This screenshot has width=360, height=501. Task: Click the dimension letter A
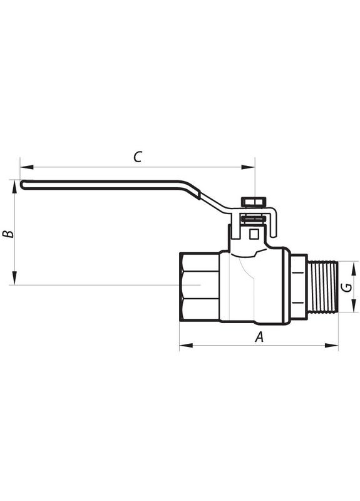(259, 336)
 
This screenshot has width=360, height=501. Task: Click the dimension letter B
(8, 234)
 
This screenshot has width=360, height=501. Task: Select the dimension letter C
(138, 157)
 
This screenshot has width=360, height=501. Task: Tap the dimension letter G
(345, 287)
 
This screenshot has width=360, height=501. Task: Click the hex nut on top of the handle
(254, 202)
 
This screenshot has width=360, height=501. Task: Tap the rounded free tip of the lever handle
(23, 184)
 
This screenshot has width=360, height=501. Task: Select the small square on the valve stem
(254, 234)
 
